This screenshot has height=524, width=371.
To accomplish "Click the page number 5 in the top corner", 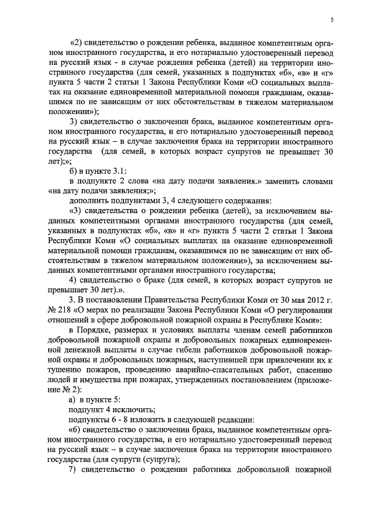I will click(x=331, y=20).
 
